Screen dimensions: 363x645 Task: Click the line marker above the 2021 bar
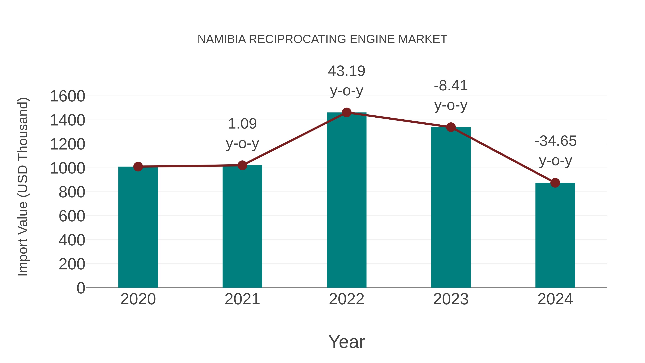[242, 165]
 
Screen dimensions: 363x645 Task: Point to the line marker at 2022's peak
[347, 112]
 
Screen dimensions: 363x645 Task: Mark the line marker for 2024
[555, 183]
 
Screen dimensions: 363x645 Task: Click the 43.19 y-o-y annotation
[347, 80]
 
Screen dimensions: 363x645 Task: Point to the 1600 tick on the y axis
[67, 96]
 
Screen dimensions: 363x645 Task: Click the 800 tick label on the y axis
[72, 192]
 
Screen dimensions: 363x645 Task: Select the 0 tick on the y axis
[81, 288]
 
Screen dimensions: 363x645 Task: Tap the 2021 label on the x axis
[242, 299]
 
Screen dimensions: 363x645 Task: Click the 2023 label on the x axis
[451, 299]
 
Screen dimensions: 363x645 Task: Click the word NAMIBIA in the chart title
[222, 39]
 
